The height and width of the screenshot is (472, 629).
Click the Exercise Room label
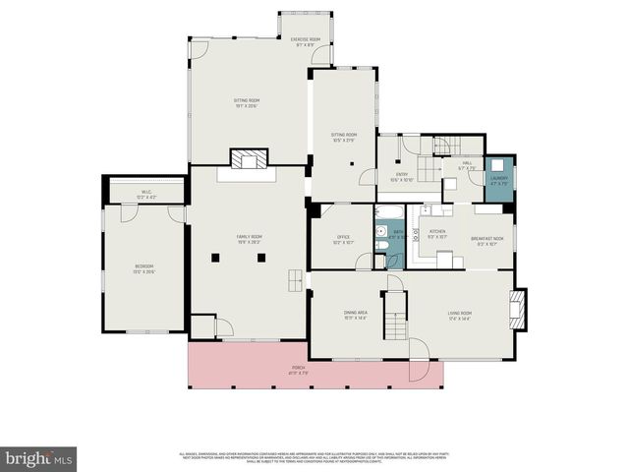pyautogui.click(x=306, y=39)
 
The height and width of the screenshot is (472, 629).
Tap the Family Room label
pyautogui.click(x=249, y=237)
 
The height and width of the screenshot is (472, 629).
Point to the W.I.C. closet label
pyautogui.click(x=144, y=193)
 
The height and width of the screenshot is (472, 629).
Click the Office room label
pyautogui.click(x=343, y=237)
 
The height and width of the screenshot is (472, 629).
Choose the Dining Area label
pyautogui.click(x=355, y=314)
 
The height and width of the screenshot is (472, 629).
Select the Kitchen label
pyautogui.click(x=437, y=232)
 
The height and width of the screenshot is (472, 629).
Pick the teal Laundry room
pyautogui.click(x=499, y=179)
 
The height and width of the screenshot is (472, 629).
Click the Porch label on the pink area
pyautogui.click(x=298, y=370)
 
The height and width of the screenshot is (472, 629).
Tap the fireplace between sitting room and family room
pyautogui.click(x=248, y=159)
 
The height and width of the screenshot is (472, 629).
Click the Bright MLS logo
pyautogui.click(x=39, y=458)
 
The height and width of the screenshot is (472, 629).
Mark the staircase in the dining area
pyautogui.click(x=394, y=315)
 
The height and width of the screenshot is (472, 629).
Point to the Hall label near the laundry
pyautogui.click(x=467, y=163)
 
